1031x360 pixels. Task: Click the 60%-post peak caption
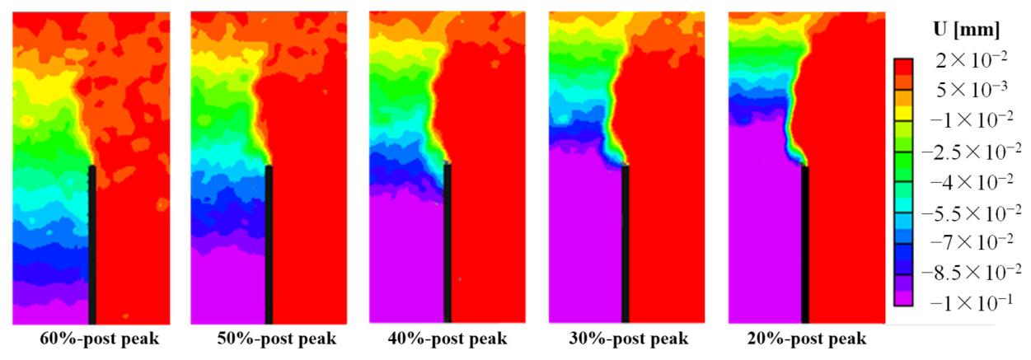(100, 339)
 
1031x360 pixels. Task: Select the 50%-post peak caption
(277, 339)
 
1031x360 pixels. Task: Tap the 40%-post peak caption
(448, 339)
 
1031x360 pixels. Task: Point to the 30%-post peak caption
(629, 339)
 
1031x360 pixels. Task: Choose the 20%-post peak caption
(807, 339)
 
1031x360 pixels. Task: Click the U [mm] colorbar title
(967, 30)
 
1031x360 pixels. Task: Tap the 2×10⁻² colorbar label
(971, 60)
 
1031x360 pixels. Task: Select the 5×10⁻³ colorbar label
(972, 90)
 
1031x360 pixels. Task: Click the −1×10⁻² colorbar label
(972, 120)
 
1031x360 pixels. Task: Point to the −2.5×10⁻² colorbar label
(971, 152)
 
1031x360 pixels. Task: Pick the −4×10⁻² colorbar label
(972, 182)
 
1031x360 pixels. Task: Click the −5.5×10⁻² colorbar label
(971, 213)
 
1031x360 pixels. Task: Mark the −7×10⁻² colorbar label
(972, 242)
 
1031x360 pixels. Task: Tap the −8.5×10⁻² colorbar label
(971, 273)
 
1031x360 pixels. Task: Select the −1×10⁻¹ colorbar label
(972, 303)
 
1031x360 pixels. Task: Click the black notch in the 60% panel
(92, 245)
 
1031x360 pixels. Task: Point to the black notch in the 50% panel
(269, 245)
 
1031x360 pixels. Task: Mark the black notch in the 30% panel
(625, 245)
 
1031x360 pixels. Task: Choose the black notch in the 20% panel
(805, 245)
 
